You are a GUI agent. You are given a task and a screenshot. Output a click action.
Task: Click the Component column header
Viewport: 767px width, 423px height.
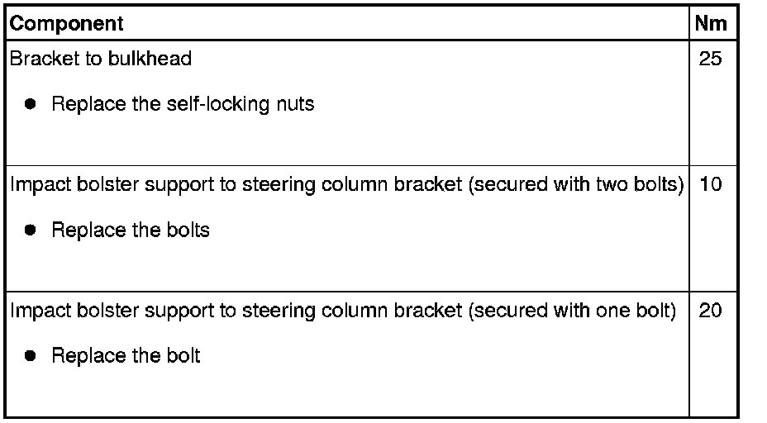point(66,24)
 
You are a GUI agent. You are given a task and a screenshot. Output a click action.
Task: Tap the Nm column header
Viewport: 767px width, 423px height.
point(711,24)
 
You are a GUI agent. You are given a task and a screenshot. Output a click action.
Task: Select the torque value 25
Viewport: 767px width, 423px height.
point(710,59)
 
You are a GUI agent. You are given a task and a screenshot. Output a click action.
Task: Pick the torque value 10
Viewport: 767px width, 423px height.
point(710,184)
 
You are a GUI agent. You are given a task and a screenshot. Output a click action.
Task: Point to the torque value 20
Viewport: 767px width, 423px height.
point(710,311)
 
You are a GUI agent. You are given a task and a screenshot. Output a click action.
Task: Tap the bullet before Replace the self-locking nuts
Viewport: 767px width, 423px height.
point(31,105)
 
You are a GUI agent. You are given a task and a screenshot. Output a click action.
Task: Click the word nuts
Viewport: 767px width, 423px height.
point(295,105)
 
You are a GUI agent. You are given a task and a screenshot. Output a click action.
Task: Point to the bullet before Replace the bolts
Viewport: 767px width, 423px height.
point(31,231)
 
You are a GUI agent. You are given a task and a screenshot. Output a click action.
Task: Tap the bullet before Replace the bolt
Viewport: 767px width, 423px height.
point(31,356)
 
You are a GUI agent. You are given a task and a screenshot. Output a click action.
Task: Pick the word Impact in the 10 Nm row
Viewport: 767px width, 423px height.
point(36,184)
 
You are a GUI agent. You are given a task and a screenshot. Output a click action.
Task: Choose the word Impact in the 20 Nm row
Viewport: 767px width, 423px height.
point(36,311)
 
